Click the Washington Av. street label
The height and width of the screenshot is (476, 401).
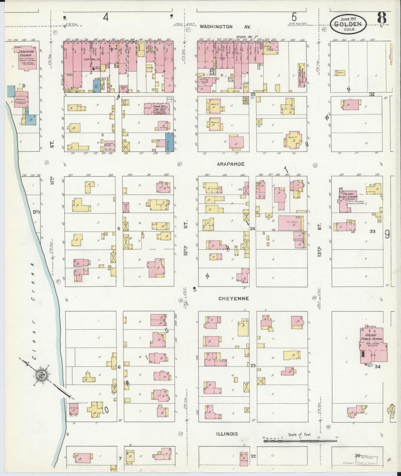[x=225, y=27]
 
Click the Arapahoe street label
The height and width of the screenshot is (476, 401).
[x=231, y=164]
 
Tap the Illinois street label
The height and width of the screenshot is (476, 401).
[x=227, y=434]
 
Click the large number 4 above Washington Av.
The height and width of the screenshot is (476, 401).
[x=105, y=17]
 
